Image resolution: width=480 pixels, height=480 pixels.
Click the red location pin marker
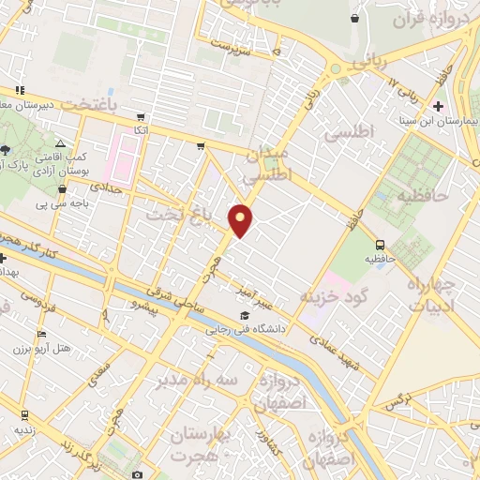pyautogui.click(x=241, y=219)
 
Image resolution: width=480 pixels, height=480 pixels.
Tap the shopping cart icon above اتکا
pyautogui.click(x=141, y=117)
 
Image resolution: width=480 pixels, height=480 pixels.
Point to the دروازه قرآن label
pyautogui.click(x=417, y=20)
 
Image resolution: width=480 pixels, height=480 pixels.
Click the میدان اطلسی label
pyautogui.click(x=270, y=164)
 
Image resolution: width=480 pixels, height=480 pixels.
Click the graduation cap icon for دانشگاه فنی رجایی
pyautogui.click(x=245, y=314)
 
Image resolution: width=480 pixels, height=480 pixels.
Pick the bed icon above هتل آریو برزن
pyautogui.click(x=39, y=335)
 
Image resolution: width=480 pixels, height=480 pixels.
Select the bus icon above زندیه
pyautogui.click(x=22, y=413)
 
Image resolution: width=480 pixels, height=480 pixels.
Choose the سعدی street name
pyautogui.click(x=98, y=374)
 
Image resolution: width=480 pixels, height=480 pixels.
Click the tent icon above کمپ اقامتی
pyautogui.click(x=61, y=144)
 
